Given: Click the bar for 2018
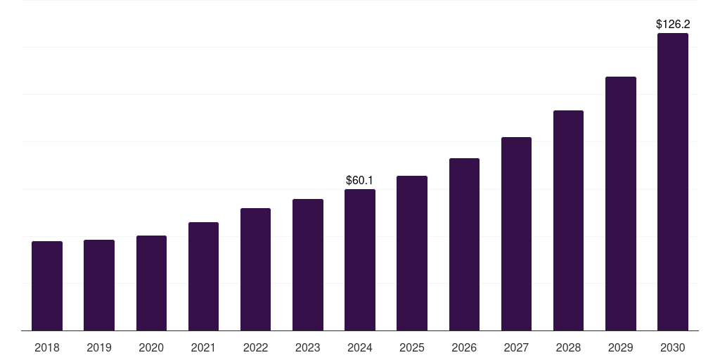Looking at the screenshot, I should pos(47,285).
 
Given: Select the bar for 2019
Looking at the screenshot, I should pos(99,285).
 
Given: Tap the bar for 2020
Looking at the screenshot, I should pos(151,283).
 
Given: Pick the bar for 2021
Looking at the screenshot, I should pos(203,276).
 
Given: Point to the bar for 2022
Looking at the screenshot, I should pos(255,269).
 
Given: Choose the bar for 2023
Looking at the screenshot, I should pos(308,264).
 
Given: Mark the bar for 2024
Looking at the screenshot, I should pos(360,259).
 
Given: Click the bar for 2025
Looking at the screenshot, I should pos(412,253).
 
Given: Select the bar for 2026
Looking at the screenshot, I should pos(464,244).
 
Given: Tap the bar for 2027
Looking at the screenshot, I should pos(516,233).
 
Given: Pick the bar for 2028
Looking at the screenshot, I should pos(568,220).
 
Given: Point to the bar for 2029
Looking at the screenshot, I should pos(620,203).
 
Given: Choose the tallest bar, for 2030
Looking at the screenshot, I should pos(673,181).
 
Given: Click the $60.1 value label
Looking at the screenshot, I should pos(360,181).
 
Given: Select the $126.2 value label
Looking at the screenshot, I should pos(673,25).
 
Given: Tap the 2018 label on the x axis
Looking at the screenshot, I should pos(47,347).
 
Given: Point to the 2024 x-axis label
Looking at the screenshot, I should pos(360,347).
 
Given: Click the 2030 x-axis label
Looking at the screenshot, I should pos(673,347).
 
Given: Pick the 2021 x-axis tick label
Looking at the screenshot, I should pos(203,347).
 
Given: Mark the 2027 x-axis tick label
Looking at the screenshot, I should pos(516,347).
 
